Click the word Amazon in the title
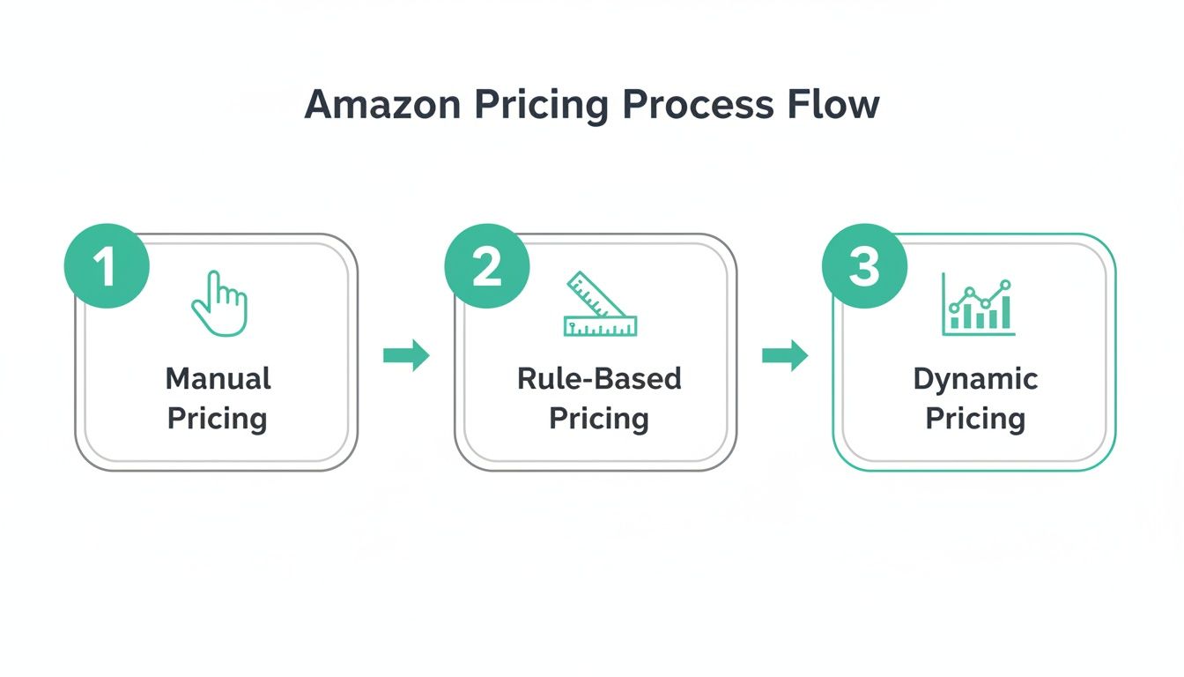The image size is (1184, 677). [x=381, y=105]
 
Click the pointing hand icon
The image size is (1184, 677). [x=219, y=304]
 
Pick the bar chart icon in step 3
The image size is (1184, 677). [x=978, y=305]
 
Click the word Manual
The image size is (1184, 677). [x=218, y=379]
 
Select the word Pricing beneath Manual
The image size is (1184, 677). [x=218, y=418]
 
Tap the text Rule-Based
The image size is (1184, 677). [x=599, y=379]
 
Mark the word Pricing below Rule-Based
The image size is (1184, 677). [x=599, y=418]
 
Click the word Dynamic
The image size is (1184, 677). [x=975, y=379]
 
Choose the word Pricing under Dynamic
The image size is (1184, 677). [x=975, y=418]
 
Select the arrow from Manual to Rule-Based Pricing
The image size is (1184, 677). [x=406, y=355]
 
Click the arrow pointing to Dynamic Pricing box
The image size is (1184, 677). [x=785, y=355]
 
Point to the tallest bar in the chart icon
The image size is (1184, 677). [x=1005, y=310]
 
